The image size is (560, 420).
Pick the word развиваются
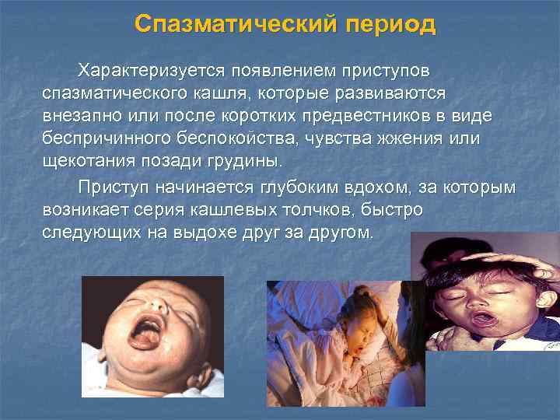[x=387, y=93]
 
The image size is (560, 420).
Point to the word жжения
[x=426, y=138]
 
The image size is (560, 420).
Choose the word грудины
[x=248, y=161]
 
